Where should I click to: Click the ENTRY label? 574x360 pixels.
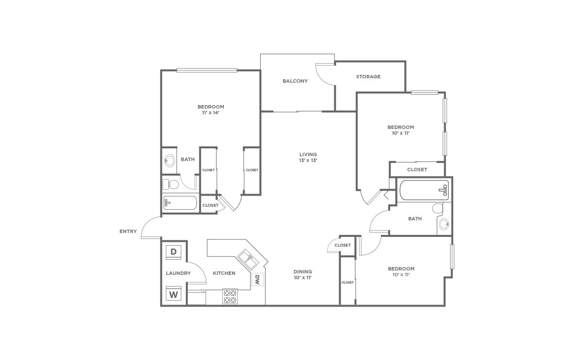[x=128, y=232]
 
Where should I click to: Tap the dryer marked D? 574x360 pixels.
[x=174, y=252]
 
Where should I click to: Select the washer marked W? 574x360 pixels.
[x=174, y=293]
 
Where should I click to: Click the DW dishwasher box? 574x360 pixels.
[x=257, y=280]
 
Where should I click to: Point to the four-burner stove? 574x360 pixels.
[x=230, y=296]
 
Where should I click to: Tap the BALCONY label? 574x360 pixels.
[x=295, y=81]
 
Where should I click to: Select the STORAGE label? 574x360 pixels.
[x=368, y=76]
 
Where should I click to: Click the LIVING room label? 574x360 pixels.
[x=308, y=155]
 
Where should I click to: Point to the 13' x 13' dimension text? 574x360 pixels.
[x=308, y=161]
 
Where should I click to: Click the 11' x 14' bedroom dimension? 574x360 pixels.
[x=211, y=113]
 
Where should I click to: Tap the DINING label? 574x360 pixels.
[x=303, y=272]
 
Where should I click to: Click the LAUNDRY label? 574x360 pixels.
[x=178, y=273]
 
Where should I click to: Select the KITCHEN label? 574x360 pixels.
[x=224, y=273]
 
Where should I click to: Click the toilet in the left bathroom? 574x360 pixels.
[x=171, y=184]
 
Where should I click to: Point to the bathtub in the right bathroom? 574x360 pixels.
[x=424, y=190]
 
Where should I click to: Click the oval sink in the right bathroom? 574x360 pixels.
[x=444, y=224]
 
